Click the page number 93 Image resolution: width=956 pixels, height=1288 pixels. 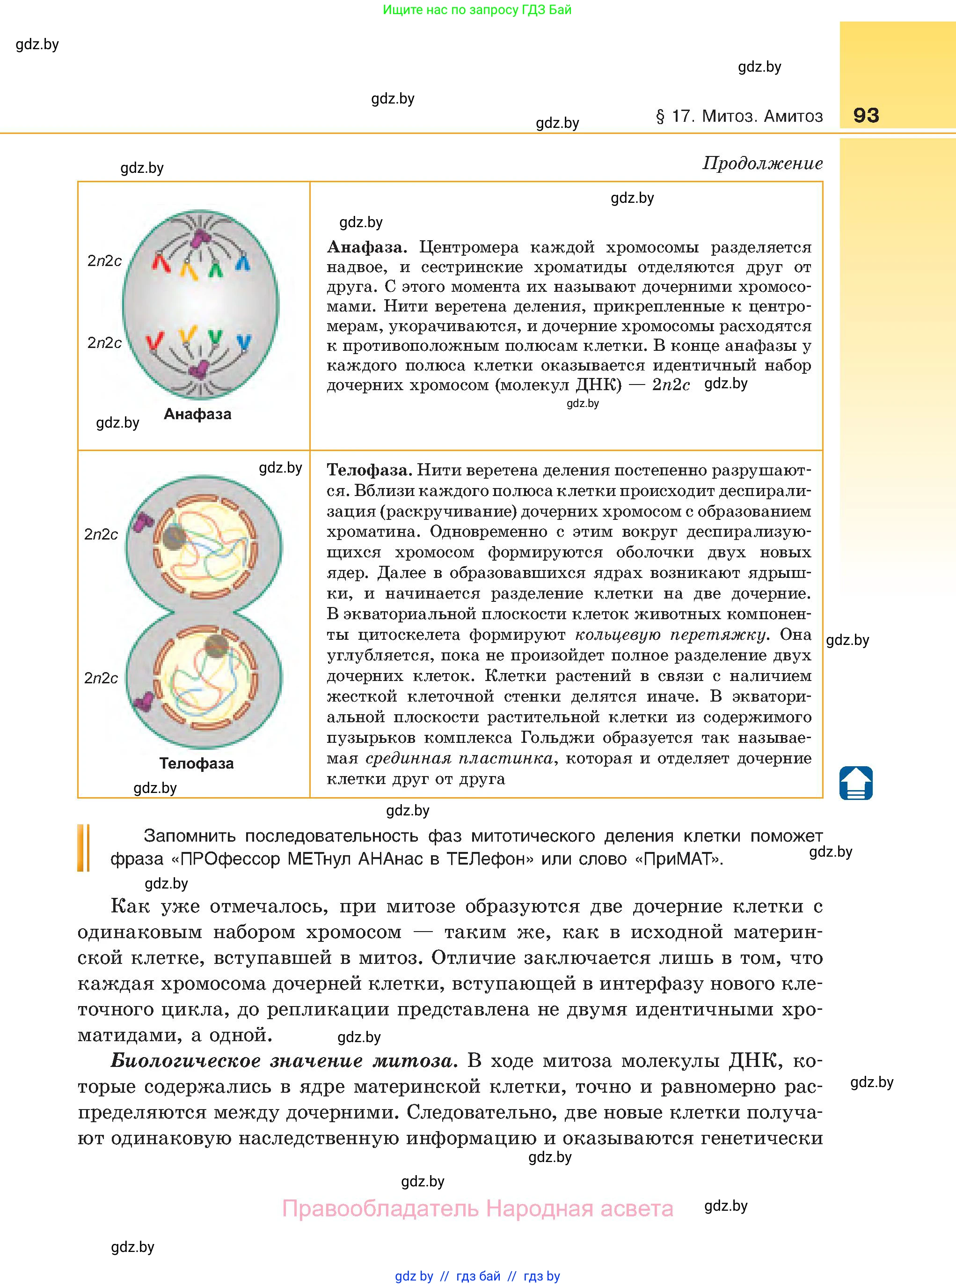(866, 115)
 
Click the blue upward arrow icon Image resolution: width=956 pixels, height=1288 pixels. (856, 783)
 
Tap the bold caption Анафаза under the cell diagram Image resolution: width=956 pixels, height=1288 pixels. (197, 414)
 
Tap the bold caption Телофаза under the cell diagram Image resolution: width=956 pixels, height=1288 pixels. (197, 763)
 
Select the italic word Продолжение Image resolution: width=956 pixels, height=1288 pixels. (762, 163)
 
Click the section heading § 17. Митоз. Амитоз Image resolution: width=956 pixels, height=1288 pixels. (739, 117)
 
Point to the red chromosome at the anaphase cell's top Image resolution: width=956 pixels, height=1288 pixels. (161, 262)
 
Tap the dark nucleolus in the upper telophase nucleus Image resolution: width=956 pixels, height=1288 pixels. (174, 537)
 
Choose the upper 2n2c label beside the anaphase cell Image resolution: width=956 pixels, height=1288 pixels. (105, 261)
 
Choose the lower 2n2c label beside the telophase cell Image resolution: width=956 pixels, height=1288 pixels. (101, 678)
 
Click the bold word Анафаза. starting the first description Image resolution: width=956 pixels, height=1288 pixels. (367, 247)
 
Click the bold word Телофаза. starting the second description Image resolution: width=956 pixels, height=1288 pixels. (369, 470)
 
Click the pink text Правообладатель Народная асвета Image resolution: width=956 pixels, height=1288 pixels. (477, 1209)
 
